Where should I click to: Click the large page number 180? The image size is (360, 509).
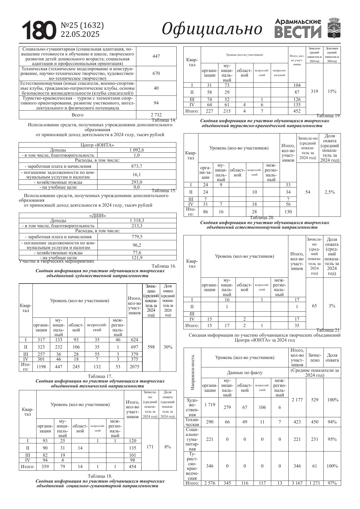pos(39,30)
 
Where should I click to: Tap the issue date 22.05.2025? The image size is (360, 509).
pos(80,34)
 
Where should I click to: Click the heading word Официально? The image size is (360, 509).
pos(212,29)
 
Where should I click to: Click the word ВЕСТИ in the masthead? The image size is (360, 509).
pos(298,32)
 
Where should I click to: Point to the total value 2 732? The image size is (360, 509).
pos(156,115)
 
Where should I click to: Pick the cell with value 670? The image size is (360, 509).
pos(156,73)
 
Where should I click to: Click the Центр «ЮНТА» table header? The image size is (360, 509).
pos(97,145)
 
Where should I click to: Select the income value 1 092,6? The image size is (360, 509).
pos(137,150)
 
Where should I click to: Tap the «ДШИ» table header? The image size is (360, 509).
pos(97,216)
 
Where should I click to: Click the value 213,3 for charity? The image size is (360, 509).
pos(137,225)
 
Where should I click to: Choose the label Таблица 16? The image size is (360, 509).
pos(164,266)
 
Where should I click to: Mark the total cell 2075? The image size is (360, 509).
pos(135,367)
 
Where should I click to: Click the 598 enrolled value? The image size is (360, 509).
pos(151,347)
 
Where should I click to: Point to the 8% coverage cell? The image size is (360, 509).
pos(167,447)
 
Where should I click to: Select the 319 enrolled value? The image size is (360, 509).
pos(314,91)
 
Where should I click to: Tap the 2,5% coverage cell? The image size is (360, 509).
pos(330,192)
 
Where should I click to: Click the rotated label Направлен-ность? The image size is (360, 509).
pos(193,372)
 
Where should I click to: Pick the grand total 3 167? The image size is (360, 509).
pos(297,483)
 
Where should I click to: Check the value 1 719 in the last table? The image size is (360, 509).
pos(210,405)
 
